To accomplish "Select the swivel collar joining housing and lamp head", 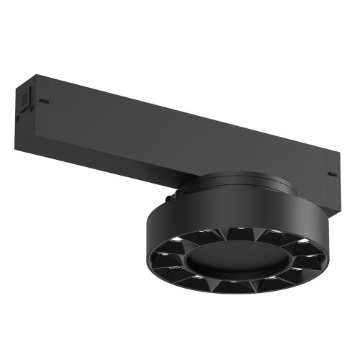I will click(238, 184).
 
